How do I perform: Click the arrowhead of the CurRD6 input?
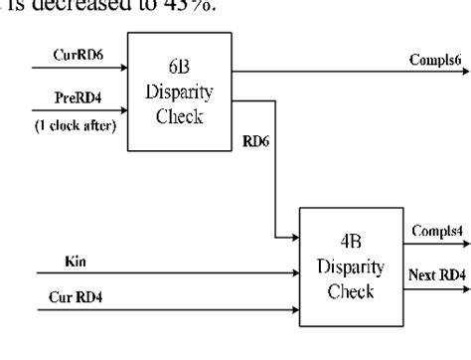(x=125, y=70)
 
